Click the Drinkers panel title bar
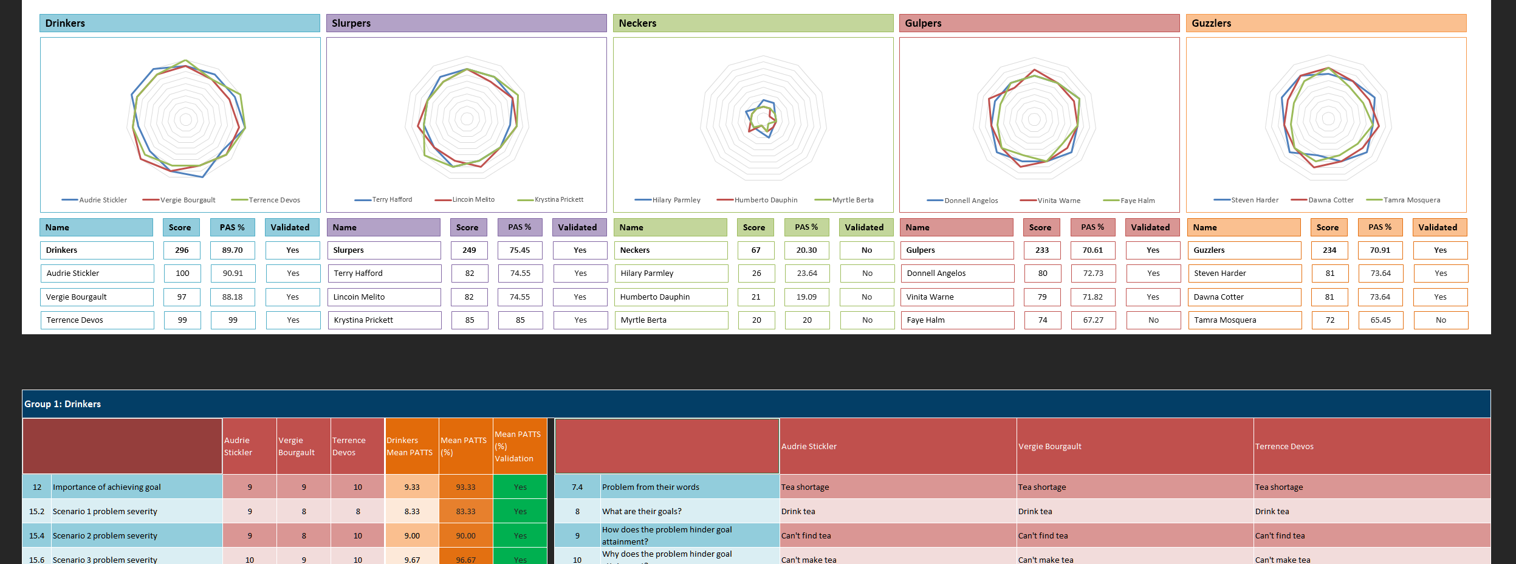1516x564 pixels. [x=179, y=23]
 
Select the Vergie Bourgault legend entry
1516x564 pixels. [x=187, y=200]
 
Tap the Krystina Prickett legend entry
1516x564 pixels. [x=558, y=199]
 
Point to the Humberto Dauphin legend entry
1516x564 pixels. [x=765, y=200]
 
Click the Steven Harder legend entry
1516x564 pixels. [x=1254, y=200]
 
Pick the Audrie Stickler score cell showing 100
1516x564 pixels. [x=182, y=273]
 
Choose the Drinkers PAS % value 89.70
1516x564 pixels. [x=233, y=250]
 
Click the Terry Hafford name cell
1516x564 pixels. [x=383, y=273]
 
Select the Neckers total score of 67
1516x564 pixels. [x=756, y=250]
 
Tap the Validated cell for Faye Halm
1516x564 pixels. [x=1153, y=320]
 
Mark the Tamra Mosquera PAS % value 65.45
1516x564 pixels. [x=1381, y=320]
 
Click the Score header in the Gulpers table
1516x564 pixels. [x=1040, y=227]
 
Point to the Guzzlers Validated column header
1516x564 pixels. [x=1438, y=227]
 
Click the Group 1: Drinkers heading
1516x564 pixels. [x=63, y=404]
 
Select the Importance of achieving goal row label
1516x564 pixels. [x=107, y=487]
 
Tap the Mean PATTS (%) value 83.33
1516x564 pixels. [x=466, y=512]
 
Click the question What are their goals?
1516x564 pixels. [x=642, y=512]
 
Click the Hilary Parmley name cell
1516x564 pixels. [x=670, y=273]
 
